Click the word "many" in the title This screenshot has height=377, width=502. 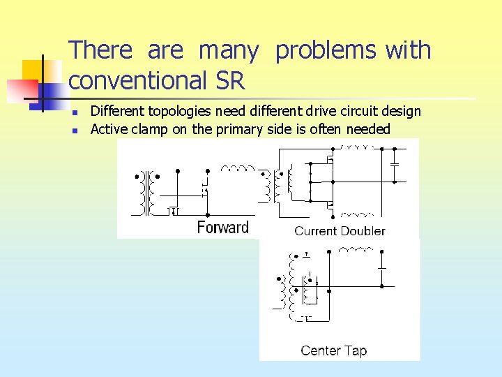(x=228, y=50)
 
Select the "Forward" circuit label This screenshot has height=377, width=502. (x=222, y=227)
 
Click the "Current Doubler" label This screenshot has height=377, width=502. (x=340, y=231)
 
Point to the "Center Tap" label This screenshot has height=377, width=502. (x=333, y=350)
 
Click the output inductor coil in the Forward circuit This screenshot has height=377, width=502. (x=238, y=168)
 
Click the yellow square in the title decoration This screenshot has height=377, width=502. (x=33, y=71)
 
